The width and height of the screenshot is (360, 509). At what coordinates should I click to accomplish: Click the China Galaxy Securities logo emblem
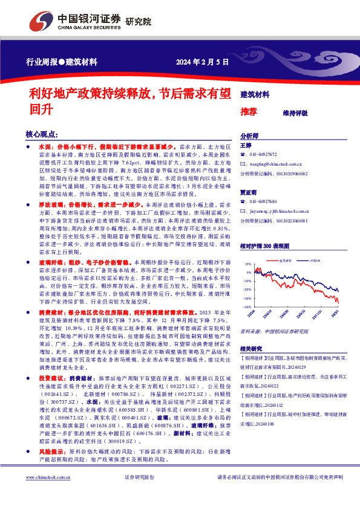pos(41,22)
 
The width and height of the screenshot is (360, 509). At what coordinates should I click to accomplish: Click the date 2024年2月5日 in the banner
pos(203,62)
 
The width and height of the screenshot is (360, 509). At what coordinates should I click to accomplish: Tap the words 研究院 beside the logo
pos(138,22)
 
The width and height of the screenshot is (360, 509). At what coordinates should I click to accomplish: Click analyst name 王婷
pos(246,146)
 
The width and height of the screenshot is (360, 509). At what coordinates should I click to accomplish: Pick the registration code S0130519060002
pos(290,173)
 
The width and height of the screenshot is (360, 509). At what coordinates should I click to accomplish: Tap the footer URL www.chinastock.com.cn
pos(47,494)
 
